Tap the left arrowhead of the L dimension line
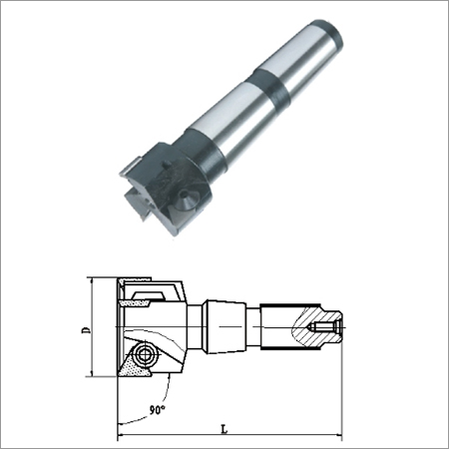pyautogui.click(x=121, y=436)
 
